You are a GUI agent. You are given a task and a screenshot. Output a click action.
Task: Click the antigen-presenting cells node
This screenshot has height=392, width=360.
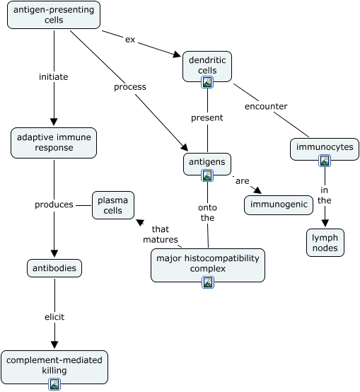54,15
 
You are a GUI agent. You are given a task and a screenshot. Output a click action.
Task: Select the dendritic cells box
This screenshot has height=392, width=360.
207,67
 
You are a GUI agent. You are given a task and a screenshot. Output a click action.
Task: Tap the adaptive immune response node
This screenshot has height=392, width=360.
54,143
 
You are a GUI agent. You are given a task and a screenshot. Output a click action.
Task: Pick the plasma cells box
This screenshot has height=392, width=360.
113,205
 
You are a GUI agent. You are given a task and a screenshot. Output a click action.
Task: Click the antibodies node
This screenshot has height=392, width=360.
54,268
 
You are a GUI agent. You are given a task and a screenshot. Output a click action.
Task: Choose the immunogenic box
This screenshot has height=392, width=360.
279,205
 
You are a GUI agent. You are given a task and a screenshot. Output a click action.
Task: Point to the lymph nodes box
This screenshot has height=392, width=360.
325,243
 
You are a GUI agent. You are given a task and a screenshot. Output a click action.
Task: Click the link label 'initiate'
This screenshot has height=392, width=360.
54,76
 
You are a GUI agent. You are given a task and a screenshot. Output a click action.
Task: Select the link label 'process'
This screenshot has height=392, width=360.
130,87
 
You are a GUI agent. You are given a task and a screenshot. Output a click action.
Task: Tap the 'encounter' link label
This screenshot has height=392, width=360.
266,106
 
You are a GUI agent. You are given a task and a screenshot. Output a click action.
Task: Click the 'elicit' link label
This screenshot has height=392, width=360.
54,317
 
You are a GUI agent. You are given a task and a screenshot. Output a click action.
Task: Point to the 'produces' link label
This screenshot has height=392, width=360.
54,204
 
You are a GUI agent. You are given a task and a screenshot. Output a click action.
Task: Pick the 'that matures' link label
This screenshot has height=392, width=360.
161,234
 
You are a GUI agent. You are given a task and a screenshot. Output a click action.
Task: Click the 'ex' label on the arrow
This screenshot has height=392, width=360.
130,40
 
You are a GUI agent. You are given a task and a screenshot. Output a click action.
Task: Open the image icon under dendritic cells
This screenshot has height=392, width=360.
207,82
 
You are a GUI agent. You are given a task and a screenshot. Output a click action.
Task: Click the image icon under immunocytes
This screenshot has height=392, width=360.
325,161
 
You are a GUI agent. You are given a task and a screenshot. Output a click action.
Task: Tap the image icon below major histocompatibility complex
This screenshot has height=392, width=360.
208,282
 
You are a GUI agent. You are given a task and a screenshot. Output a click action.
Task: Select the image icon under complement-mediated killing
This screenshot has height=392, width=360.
54,384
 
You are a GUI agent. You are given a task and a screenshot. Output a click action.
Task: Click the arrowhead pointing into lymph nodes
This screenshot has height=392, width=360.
325,222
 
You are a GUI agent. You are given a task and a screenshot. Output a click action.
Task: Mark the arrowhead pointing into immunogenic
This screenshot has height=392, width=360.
257,190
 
